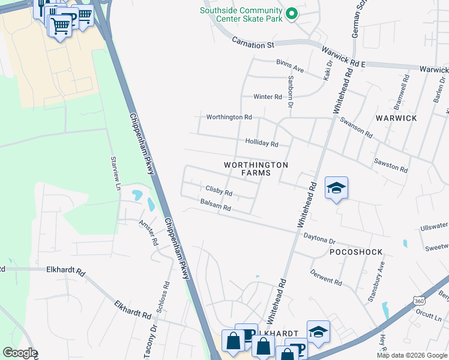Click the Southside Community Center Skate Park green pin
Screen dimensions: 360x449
point(292,14)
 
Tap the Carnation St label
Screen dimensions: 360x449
point(253,44)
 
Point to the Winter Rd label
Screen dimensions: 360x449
point(267,97)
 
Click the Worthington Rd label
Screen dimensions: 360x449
point(229,117)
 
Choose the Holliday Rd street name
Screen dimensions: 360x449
point(262,143)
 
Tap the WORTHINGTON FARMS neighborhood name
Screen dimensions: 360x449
point(256,169)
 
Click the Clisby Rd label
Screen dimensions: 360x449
point(218,193)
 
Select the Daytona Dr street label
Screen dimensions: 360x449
point(319,239)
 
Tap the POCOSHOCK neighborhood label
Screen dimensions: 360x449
point(356,253)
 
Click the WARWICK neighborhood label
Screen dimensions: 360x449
point(396,118)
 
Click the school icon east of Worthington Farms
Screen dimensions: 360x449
point(337,188)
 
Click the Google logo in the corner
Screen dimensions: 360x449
point(20,353)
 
